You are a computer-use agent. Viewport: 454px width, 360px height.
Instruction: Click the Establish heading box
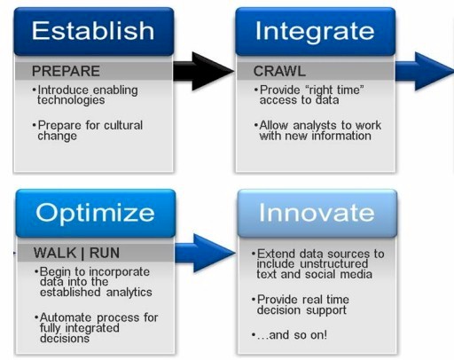point(94,31)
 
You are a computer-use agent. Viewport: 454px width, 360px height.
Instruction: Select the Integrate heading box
point(316,31)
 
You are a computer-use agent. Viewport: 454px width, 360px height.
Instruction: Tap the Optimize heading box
point(96,213)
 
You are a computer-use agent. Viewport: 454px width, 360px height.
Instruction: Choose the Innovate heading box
point(317,213)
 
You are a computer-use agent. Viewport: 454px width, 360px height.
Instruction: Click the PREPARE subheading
point(66,71)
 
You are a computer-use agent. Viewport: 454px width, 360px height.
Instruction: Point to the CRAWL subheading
point(279,71)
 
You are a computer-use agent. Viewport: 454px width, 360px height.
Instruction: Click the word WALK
point(55,253)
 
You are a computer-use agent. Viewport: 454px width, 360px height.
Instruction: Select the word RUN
point(105,253)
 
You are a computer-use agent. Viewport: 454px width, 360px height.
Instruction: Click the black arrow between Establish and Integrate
point(203,71)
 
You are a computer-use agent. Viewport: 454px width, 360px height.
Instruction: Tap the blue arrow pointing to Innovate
point(205,254)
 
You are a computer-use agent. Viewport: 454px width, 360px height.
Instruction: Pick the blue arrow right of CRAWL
point(425,71)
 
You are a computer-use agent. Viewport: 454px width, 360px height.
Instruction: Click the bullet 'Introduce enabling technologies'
point(85,95)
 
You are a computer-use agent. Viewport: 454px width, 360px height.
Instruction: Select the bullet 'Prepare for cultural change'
point(88,130)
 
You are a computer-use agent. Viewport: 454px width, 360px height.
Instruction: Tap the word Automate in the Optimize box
point(66,317)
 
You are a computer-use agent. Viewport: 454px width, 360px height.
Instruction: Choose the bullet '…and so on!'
point(289,335)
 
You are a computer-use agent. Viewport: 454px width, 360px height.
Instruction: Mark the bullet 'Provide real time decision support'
point(301,305)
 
